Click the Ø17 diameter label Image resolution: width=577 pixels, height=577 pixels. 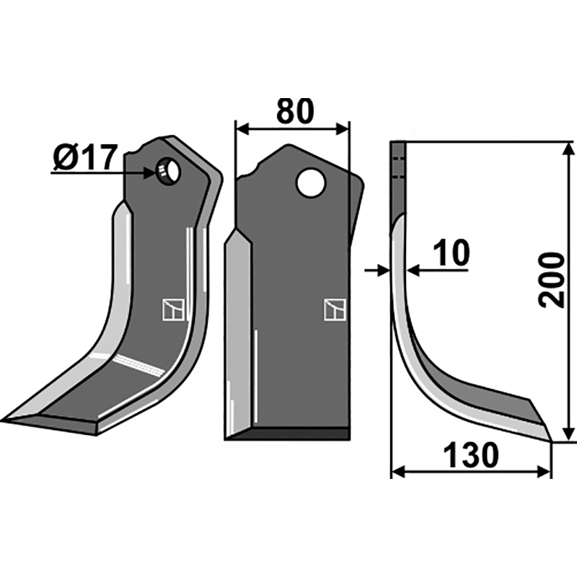point(84,157)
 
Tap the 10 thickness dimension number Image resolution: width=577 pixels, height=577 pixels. point(452,253)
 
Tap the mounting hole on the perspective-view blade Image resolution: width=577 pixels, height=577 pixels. point(169,172)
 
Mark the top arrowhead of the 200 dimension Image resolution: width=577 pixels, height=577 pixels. point(569,149)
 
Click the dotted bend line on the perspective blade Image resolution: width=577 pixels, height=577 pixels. point(140,364)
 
